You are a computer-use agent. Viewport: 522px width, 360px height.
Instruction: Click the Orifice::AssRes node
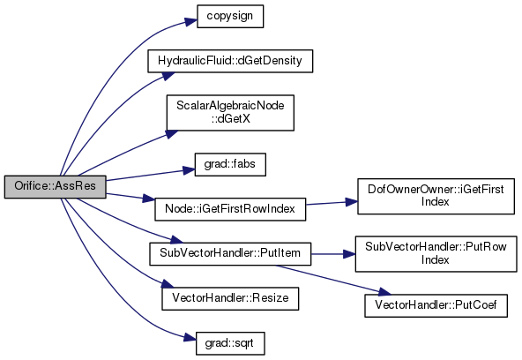tap(56, 187)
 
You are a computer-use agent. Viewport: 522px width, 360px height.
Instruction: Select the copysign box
tap(230, 16)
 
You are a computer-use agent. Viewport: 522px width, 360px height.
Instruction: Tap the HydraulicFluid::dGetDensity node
tap(230, 61)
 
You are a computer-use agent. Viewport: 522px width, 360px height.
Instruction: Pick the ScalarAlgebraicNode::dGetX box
tap(230, 113)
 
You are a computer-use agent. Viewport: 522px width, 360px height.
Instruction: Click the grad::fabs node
tap(230, 164)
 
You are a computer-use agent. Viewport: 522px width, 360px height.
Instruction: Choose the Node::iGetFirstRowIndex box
tap(230, 209)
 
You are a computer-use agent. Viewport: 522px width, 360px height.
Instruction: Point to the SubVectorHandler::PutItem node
tap(230, 254)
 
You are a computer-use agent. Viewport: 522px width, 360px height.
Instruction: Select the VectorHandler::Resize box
tap(230, 299)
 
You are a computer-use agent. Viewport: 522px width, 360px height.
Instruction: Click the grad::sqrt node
tap(230, 343)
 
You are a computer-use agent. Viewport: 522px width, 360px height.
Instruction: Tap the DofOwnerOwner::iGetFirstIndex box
tap(436, 196)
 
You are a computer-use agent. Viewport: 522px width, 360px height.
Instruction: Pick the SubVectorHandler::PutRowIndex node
tap(436, 254)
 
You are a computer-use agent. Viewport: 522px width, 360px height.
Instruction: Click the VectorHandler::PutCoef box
tap(436, 305)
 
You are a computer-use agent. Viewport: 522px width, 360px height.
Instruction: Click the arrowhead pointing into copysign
tap(191, 22)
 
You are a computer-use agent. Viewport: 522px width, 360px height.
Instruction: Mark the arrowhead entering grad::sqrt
tap(190, 338)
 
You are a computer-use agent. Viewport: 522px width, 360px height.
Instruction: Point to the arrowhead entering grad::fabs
tap(189, 170)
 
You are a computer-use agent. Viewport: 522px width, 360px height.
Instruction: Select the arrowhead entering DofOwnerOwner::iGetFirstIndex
tap(352, 202)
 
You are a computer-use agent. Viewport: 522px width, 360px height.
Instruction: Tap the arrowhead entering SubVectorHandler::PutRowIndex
tap(349, 254)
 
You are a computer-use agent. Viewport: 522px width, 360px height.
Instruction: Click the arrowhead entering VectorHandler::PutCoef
tap(384, 292)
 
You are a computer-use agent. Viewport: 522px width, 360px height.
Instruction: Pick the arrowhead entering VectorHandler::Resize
tap(168, 284)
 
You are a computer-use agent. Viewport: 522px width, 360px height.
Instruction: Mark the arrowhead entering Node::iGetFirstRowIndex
tap(149, 199)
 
